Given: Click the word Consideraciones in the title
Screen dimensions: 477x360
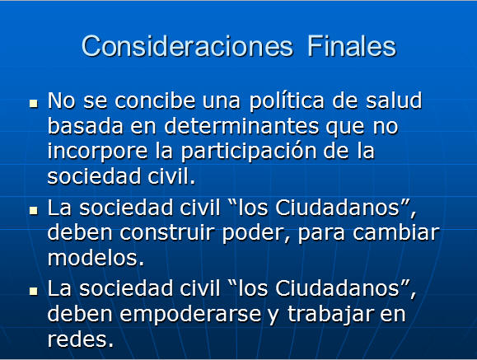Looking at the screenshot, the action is pyautogui.click(x=187, y=46).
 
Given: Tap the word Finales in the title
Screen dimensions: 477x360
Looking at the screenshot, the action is pyautogui.click(x=352, y=46).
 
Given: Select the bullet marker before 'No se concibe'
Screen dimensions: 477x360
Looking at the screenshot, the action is pyautogui.click(x=34, y=104).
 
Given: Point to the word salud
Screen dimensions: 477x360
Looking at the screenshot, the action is pyautogui.click(x=394, y=101).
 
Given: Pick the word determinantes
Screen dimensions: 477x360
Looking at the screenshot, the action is pyautogui.click(x=241, y=126).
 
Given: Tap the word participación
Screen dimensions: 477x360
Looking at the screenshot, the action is pyautogui.click(x=249, y=152).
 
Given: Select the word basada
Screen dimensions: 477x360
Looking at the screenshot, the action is pyautogui.click(x=85, y=126).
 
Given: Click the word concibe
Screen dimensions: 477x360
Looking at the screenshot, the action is pyautogui.click(x=155, y=101).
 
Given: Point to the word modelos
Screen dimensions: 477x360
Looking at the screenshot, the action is pyautogui.click(x=96, y=258).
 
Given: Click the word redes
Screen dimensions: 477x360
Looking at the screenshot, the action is pyautogui.click(x=80, y=339).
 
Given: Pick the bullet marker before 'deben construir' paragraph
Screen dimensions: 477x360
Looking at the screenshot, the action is pyautogui.click(x=34, y=211).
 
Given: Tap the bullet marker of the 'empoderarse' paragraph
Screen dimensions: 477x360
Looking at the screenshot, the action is pyautogui.click(x=34, y=292).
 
